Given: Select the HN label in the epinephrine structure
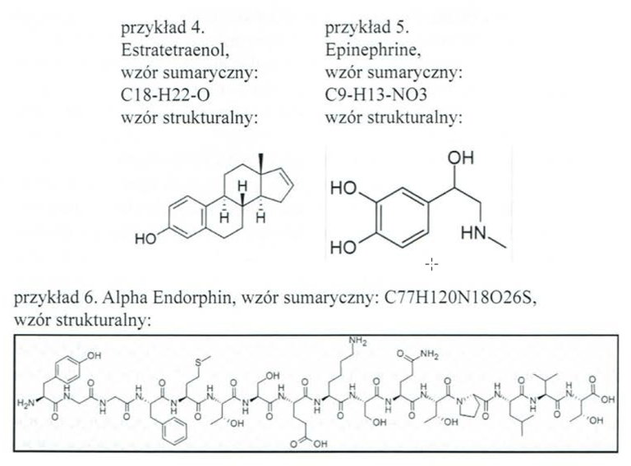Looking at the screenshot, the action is point(472,235).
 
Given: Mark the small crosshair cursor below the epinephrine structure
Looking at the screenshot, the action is point(432,264).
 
